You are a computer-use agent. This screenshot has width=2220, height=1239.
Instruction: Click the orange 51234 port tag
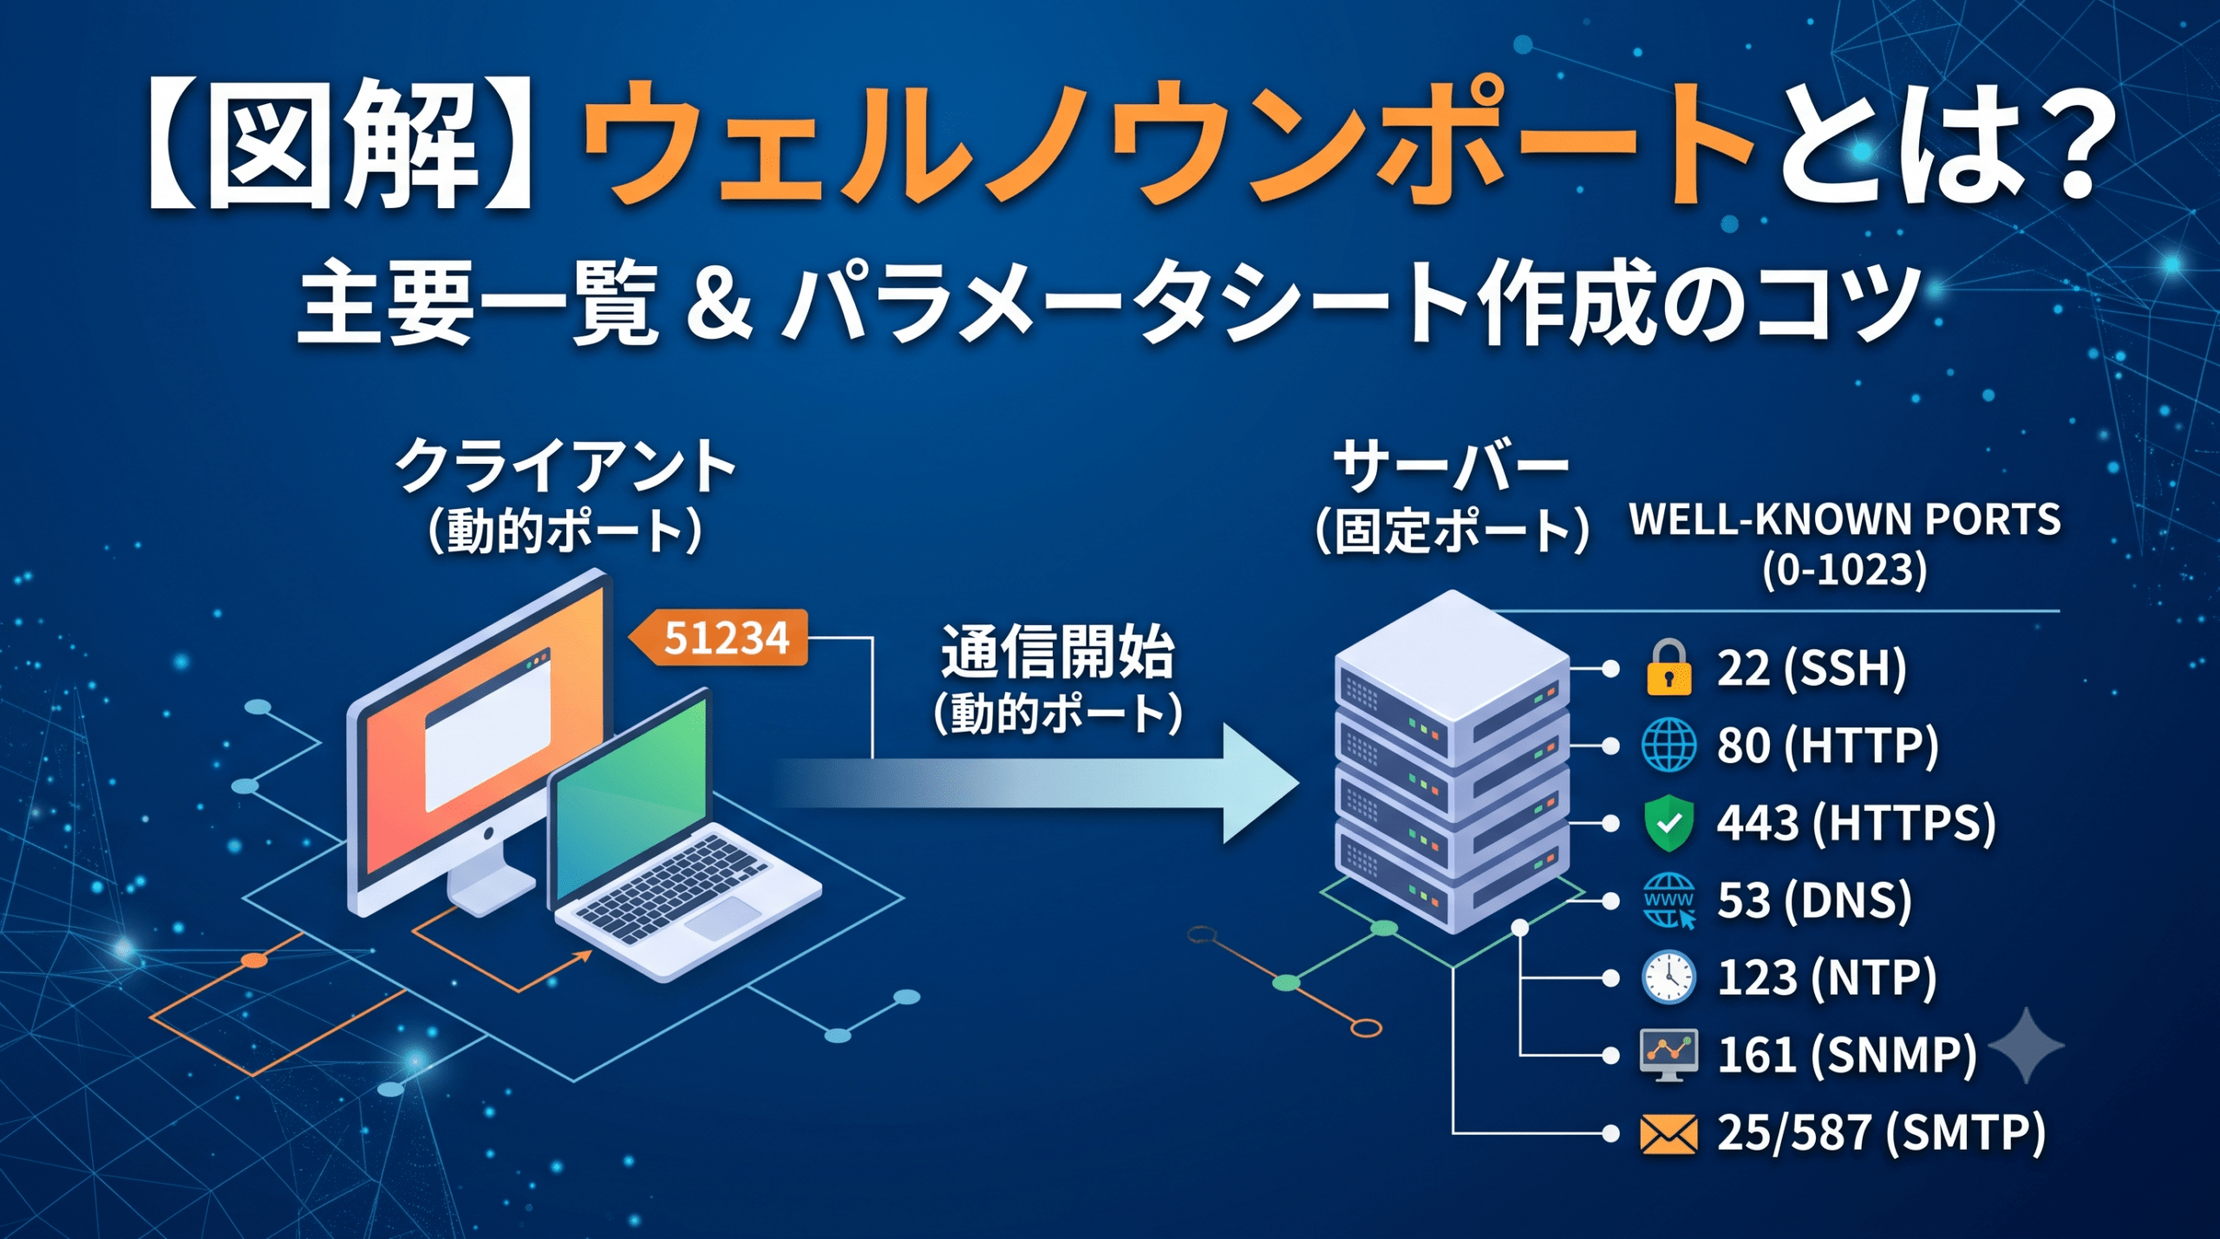coord(719,638)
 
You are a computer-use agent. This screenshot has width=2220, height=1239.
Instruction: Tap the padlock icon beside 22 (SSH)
coord(1668,668)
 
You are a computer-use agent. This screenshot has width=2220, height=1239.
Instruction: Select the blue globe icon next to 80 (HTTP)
coord(1668,745)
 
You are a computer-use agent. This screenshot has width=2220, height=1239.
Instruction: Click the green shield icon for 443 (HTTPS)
coord(1668,823)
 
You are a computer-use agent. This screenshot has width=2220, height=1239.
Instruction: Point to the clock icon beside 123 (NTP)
coord(1668,977)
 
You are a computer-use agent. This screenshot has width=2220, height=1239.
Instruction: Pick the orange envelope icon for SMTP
coord(1668,1134)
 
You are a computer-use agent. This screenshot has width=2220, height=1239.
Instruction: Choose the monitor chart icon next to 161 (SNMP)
coord(1668,1055)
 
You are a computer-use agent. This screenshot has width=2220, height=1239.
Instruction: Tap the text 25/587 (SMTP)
coord(1881,1133)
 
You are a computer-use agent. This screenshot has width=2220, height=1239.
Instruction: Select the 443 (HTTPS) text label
coord(1856,823)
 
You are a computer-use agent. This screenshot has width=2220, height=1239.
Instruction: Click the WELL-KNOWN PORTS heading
coord(1845,520)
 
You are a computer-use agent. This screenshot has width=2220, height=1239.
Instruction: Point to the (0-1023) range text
coord(1845,571)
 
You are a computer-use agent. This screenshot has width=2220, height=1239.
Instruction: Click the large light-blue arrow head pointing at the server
coord(1260,783)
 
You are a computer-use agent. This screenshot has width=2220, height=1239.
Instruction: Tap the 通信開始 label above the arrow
coord(1057,652)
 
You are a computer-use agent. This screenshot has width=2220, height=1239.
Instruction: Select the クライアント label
coord(565,466)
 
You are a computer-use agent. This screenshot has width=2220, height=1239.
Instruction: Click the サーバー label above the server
coord(1451,466)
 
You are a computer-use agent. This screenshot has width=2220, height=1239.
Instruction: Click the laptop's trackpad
coord(722,917)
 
